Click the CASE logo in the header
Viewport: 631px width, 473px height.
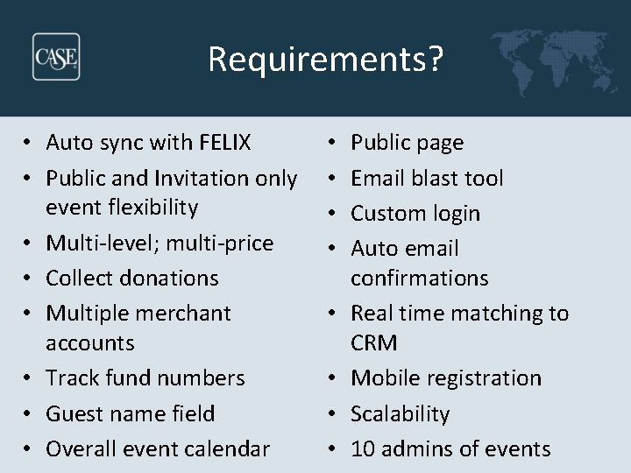click(56, 57)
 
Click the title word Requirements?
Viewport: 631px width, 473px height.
click(326, 60)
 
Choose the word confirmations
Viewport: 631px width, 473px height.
click(420, 278)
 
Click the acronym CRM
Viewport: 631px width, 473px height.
click(374, 342)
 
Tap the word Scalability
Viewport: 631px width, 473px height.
click(401, 413)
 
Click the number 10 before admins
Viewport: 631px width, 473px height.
click(363, 448)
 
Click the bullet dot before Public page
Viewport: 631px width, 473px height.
click(335, 142)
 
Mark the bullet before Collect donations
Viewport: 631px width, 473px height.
click(30, 279)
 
